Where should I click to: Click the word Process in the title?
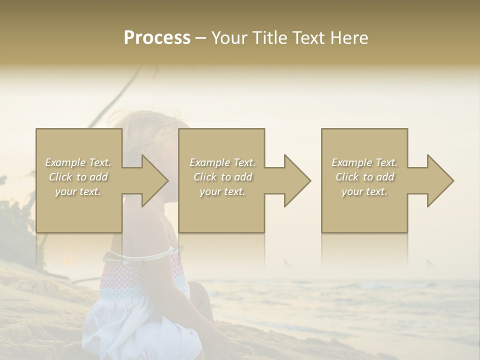coord(157,38)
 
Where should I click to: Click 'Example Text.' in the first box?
coord(78,162)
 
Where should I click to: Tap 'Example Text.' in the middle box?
coord(222,162)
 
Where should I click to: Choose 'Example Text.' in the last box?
coord(364,162)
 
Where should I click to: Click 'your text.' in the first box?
coord(78,191)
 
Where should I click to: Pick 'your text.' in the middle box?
coord(222,191)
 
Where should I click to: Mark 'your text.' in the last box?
coord(364,191)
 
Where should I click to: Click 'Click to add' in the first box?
coord(78,177)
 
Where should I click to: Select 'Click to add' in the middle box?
coord(222,177)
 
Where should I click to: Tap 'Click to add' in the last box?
coord(364,177)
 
